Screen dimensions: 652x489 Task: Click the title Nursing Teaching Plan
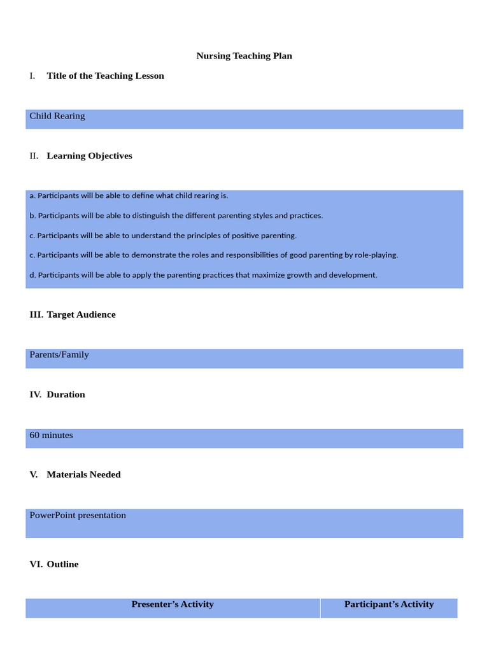[244, 56]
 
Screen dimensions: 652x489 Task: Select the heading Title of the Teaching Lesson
[105, 76]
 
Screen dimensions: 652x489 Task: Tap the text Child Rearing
[57, 116]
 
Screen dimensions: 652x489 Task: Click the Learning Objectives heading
[89, 156]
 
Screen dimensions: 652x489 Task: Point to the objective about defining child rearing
[129, 195]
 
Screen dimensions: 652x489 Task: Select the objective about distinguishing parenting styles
[176, 215]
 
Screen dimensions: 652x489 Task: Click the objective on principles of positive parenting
[163, 236]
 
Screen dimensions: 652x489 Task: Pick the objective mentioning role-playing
[213, 255]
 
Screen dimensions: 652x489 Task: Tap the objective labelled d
[203, 275]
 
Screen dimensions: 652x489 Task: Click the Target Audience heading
[81, 315]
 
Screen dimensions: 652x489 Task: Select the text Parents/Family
[59, 355]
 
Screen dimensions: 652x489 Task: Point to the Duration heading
[66, 395]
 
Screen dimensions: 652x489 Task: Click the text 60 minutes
[51, 436]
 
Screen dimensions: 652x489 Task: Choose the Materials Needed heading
[83, 474]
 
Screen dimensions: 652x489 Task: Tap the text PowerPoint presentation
[78, 515]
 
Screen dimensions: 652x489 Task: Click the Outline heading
[62, 564]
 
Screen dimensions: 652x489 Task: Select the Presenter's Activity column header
[173, 604]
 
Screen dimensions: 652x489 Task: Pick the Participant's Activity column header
[389, 604]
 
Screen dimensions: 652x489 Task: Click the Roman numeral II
[34, 156]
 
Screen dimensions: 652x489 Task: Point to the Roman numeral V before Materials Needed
[34, 474]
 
